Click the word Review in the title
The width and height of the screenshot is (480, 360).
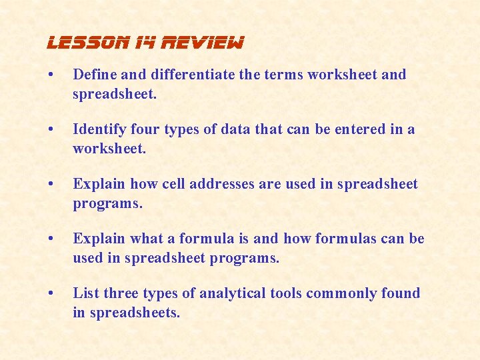[x=208, y=44]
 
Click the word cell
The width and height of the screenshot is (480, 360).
[x=174, y=184]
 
